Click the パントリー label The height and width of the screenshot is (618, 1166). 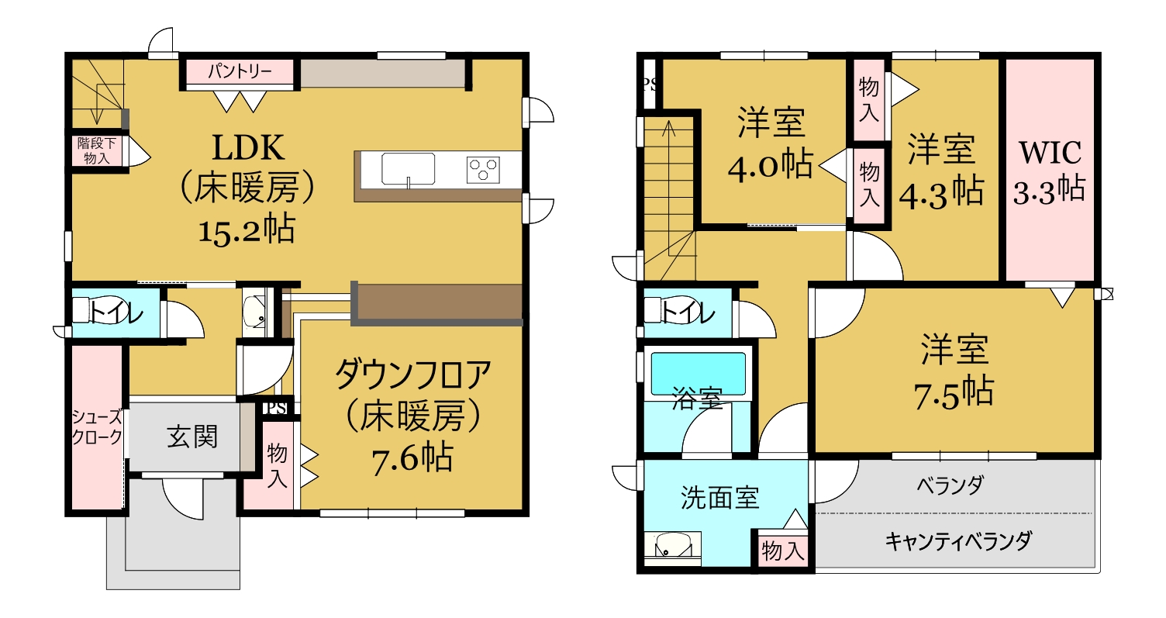tap(240, 71)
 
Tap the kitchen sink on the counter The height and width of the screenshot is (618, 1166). tap(408, 169)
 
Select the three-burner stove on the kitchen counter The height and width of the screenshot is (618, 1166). tap(483, 169)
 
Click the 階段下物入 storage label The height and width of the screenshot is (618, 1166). tap(97, 150)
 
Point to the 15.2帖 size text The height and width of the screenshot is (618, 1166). tap(247, 229)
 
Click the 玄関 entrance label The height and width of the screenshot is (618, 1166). tap(192, 437)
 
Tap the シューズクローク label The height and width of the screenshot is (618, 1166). tap(97, 426)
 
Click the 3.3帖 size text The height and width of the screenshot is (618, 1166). tap(1049, 189)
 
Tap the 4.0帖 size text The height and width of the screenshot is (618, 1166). tap(771, 164)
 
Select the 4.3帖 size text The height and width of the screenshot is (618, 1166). tap(942, 192)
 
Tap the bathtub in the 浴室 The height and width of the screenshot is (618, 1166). tap(699, 373)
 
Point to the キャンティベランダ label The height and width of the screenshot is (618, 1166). tap(958, 541)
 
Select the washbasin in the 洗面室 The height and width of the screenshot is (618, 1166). tap(672, 547)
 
